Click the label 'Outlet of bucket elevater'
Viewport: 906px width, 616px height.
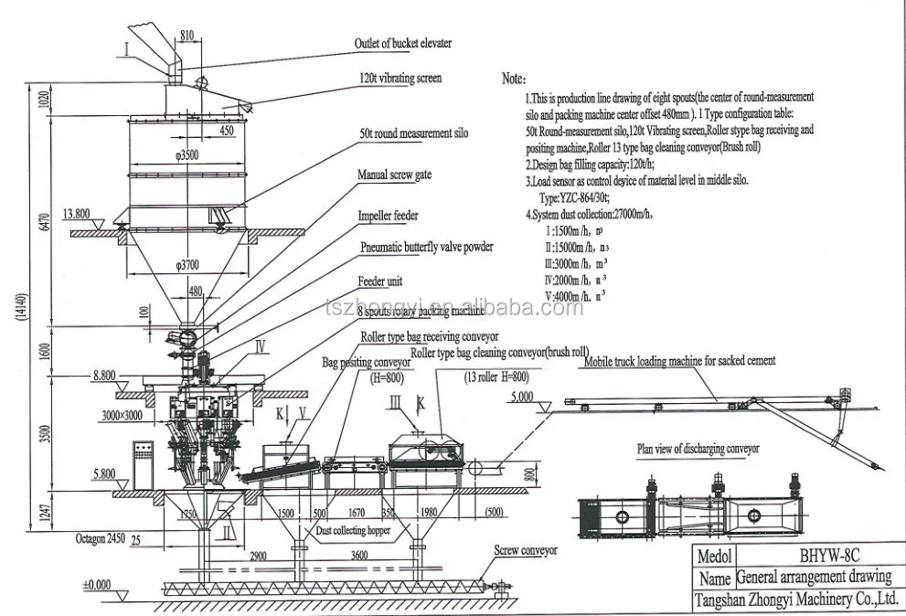402,43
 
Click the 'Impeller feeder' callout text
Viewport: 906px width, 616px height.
389,216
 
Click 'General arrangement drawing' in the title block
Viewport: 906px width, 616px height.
813,577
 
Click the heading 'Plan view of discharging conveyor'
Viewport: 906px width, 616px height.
698,449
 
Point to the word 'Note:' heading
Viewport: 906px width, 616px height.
514,80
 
